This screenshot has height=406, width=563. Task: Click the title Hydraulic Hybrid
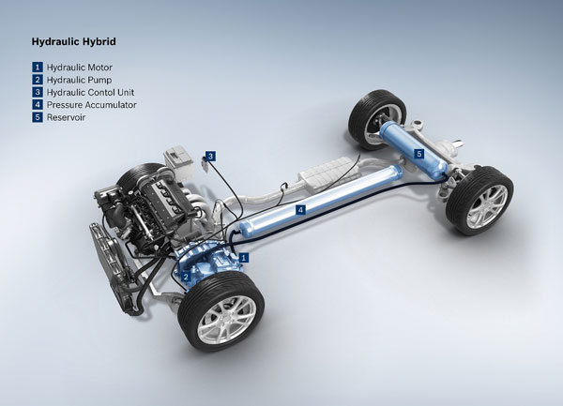coord(73,41)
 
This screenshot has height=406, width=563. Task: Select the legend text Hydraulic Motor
coord(80,68)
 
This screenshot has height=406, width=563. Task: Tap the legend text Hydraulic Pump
coord(79,80)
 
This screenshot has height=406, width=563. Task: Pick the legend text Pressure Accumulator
coord(92,105)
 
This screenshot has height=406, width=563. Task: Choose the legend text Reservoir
coord(66,117)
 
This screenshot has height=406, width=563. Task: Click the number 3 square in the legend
coord(38,92)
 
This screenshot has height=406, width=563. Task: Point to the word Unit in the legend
coord(126,92)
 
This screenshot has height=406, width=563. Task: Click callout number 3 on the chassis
coord(210,156)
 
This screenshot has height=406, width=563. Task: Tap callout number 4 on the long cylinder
coord(301,210)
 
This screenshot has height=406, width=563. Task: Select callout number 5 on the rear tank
coord(419,154)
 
